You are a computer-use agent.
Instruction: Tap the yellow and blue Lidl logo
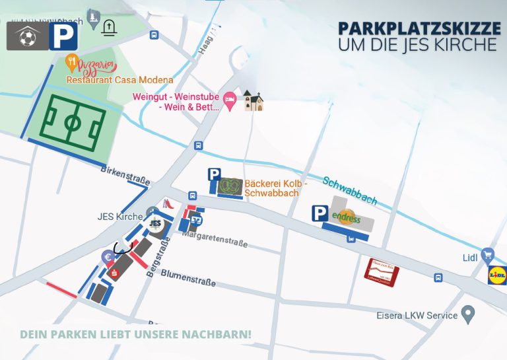pos(496,274)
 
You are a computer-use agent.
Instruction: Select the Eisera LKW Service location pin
pos(468,314)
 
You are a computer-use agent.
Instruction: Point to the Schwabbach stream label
pos(350,190)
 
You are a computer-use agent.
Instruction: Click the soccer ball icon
pos(27,38)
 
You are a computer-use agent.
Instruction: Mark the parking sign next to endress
pos(320,213)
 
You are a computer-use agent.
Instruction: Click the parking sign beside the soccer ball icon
pos(63,36)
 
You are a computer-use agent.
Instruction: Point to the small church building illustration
pos(253,100)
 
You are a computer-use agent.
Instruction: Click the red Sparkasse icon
pos(114,274)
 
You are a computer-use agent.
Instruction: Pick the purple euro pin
pos(106,258)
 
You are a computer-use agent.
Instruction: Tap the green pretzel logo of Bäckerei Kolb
pos(232,185)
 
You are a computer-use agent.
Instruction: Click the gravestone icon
pos(109,27)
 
